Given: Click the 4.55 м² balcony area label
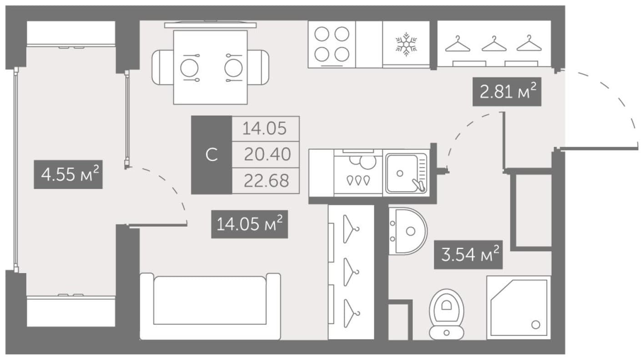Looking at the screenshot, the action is (x=68, y=174).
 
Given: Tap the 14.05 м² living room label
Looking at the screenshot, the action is (x=250, y=224).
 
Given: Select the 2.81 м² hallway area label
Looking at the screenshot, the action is (x=507, y=91).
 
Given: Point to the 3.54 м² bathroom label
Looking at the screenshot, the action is (x=468, y=255).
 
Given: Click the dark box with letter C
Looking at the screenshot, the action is (x=211, y=155).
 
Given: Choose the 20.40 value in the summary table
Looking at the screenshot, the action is (x=267, y=154).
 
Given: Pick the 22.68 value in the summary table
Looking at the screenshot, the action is (x=266, y=181).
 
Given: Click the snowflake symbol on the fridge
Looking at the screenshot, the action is (x=406, y=44).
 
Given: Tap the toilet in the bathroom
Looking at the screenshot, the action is (x=447, y=314).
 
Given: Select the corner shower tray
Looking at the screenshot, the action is (x=518, y=307).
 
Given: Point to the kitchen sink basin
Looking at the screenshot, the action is (x=406, y=173).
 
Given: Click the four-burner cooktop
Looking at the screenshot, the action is (x=332, y=44).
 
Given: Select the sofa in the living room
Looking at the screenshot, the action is (x=210, y=306).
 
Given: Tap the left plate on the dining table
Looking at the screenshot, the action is (x=189, y=68).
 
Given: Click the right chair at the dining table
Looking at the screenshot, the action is (x=258, y=67).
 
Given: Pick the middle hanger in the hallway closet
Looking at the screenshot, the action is (x=494, y=44).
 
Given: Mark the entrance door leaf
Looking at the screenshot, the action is (x=599, y=148).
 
